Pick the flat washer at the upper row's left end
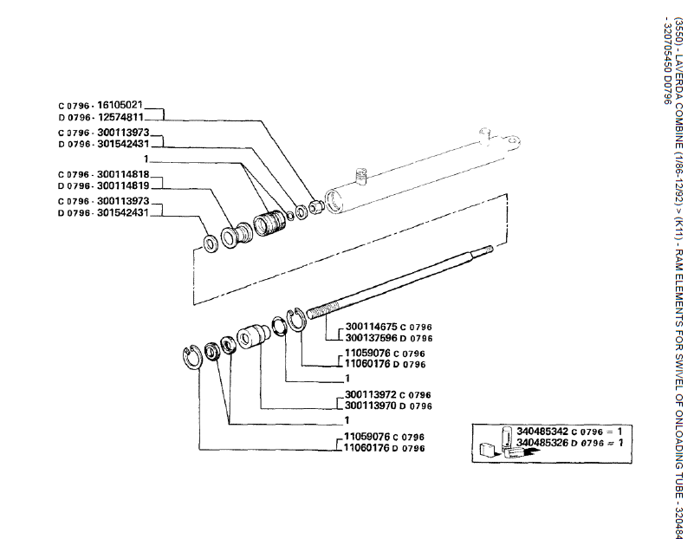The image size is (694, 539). click(210, 240)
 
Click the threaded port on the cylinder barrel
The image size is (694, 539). click(361, 176)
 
